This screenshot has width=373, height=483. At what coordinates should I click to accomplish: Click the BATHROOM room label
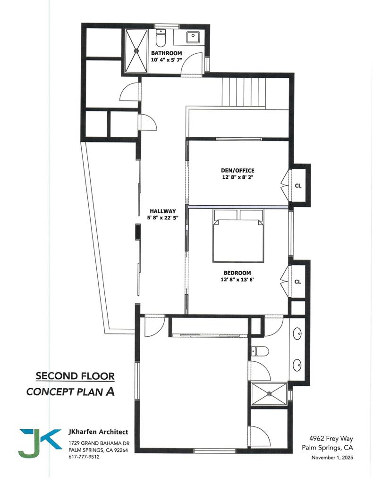click(166, 53)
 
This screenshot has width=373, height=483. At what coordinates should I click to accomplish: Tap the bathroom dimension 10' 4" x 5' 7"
click(166, 60)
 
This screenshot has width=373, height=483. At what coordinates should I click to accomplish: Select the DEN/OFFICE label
click(237, 170)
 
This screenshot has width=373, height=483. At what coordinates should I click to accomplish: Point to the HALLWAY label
click(163, 211)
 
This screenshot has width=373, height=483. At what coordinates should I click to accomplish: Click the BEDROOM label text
click(237, 273)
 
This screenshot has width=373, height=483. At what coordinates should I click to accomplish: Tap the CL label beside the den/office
click(298, 185)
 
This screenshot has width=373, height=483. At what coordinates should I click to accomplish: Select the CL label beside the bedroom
click(298, 282)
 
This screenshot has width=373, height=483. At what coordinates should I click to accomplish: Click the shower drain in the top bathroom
click(136, 50)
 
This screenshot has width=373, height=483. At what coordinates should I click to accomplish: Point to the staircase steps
click(244, 92)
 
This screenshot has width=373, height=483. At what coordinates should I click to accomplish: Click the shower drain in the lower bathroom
click(269, 393)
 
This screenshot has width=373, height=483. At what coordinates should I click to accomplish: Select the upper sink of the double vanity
click(298, 334)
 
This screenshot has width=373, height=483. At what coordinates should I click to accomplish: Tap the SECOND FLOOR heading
click(75, 376)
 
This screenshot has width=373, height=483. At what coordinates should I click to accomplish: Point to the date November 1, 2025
click(332, 458)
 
